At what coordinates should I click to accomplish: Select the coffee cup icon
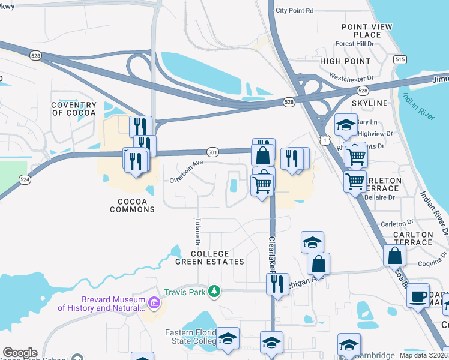tap(418, 296)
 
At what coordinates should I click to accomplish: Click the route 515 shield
tap(400, 60)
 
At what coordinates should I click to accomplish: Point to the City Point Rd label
tap(294, 11)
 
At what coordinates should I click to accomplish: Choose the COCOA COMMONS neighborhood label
tap(133, 209)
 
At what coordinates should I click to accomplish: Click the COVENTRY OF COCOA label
tap(74, 109)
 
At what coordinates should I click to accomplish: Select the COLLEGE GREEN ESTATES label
tap(209, 257)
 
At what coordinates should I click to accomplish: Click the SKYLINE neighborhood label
tap(369, 103)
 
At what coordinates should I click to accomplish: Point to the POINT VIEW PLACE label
tap(367, 31)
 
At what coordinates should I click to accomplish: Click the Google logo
tap(20, 353)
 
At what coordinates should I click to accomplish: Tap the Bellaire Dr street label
tap(378, 197)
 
